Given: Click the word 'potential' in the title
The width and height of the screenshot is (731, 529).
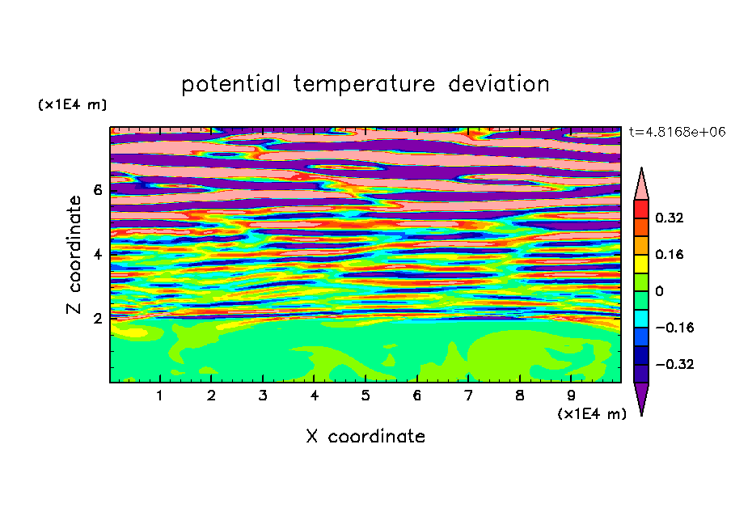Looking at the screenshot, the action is point(230,84).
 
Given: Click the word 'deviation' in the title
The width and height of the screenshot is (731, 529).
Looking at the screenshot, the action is point(498,84).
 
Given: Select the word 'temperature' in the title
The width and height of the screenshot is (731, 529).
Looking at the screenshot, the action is point(364,85).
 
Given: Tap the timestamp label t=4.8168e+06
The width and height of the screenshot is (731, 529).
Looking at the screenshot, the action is point(677,132).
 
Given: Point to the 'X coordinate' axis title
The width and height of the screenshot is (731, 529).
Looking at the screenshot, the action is point(365,436).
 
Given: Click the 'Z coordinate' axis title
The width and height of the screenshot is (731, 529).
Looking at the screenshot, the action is point(74,255).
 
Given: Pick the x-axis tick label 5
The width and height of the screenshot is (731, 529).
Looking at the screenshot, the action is point(365,396).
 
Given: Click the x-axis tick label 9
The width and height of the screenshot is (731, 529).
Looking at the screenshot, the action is point(571,396).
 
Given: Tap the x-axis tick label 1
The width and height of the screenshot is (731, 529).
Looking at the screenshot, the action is point(160,396).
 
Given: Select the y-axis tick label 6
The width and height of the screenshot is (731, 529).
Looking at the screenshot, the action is point(97,190).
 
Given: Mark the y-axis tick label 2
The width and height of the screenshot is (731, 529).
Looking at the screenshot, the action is point(97,319).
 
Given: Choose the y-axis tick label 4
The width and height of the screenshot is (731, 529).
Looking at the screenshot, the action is point(97,255).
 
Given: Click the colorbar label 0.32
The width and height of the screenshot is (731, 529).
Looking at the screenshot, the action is point(669,218).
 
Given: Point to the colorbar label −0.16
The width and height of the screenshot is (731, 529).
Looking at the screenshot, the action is point(674,328).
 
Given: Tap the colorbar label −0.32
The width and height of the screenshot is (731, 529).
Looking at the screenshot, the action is point(674,364).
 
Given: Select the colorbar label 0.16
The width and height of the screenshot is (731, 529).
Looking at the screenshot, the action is point(669,254).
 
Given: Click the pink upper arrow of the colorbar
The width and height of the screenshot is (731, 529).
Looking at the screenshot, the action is point(641,187).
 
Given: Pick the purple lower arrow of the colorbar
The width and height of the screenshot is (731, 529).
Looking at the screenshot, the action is point(641,396).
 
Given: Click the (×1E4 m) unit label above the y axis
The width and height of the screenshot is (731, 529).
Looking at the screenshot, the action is point(72,104).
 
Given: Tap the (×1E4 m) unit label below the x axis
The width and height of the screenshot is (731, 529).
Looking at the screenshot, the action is point(592,414).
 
